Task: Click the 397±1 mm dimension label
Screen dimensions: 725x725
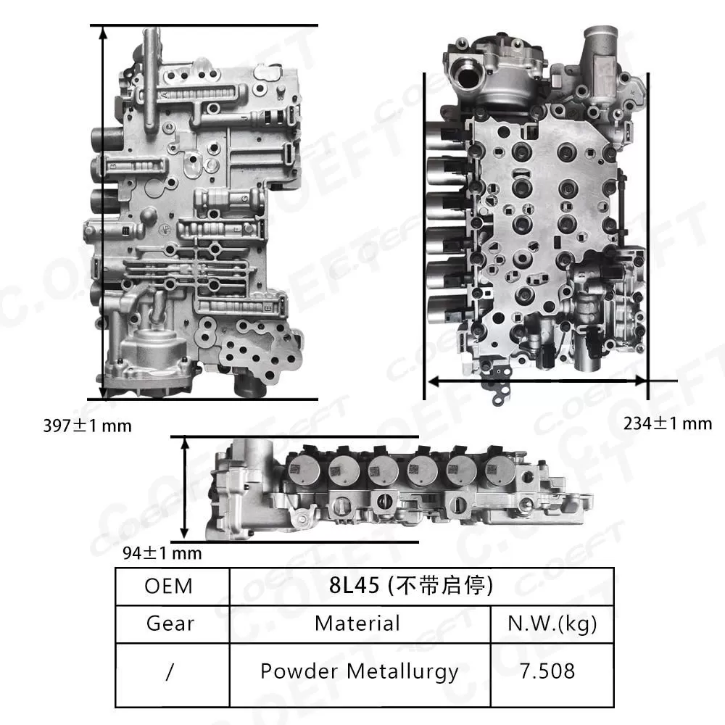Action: (88, 426)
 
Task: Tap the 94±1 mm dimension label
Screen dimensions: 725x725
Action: (162, 554)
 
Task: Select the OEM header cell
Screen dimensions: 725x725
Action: (169, 586)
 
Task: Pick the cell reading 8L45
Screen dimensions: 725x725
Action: (421, 586)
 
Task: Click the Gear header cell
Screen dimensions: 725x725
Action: (169, 623)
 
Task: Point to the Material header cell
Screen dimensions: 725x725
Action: (357, 623)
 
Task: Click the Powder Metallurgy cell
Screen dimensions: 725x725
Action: (359, 671)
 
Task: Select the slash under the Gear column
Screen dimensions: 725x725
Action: (169, 671)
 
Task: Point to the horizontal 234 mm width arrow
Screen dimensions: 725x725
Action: (536, 380)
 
